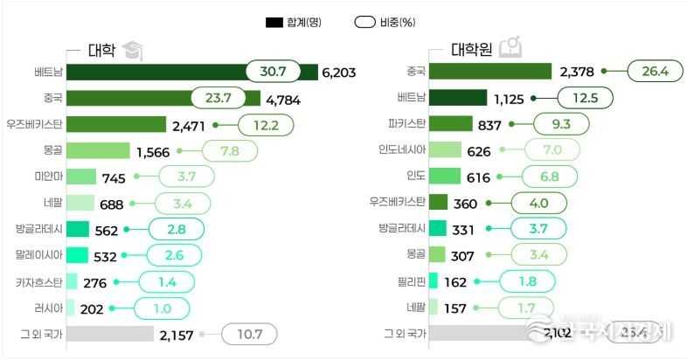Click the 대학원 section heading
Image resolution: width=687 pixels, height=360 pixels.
[x=473, y=49]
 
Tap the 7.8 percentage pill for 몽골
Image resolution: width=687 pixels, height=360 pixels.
[x=230, y=150]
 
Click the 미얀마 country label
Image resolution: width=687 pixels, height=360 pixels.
[x=46, y=177]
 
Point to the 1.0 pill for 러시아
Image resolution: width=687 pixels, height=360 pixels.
[x=163, y=308]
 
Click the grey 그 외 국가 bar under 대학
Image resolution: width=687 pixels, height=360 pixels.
[x=110, y=334]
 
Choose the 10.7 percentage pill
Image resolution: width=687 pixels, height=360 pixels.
[x=249, y=334]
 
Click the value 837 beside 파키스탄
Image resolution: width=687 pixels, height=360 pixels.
[x=489, y=124]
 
